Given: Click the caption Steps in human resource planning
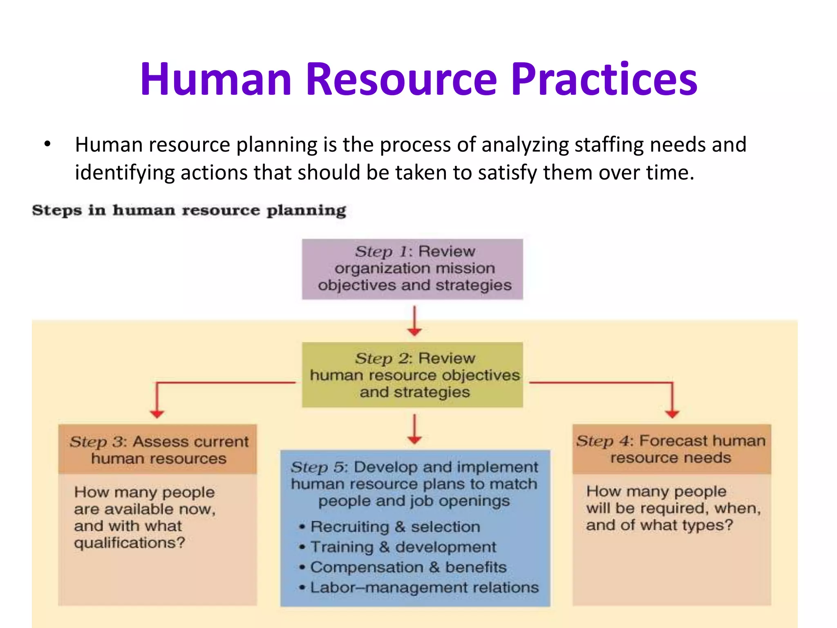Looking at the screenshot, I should coord(189,211).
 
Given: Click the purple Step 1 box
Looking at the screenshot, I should coord(412,269).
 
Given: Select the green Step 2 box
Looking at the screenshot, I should coord(412,375).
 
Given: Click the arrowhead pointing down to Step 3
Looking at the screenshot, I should coord(157,414).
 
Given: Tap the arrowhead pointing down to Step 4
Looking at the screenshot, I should coord(672,414).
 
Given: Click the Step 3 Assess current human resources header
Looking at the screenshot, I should coord(158,449).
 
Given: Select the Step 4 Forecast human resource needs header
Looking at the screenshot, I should coord(671,449).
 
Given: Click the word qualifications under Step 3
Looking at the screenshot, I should coord(129,543).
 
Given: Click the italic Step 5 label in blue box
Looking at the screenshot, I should coord(319,467).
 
